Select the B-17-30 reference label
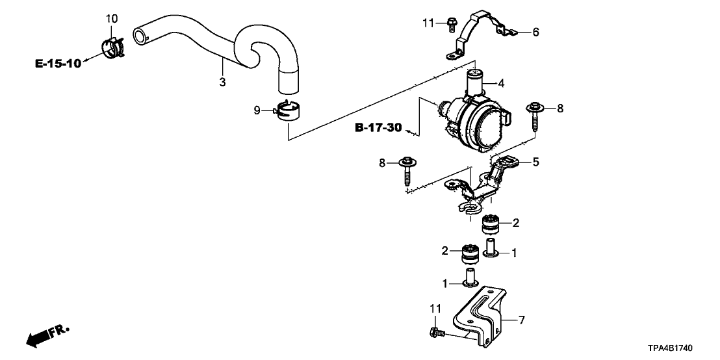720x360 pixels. (x=378, y=127)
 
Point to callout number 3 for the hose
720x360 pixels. (x=222, y=83)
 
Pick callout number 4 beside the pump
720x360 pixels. (x=501, y=83)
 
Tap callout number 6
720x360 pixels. (x=535, y=32)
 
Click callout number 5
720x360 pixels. (x=535, y=162)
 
